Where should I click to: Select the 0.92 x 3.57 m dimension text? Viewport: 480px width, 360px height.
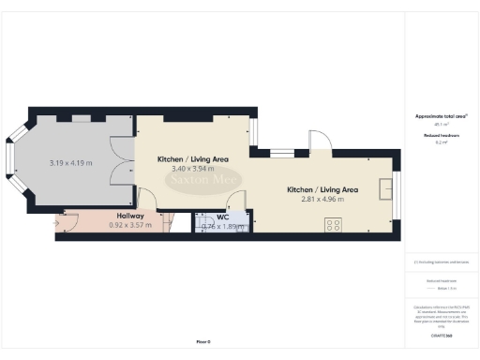(130, 226)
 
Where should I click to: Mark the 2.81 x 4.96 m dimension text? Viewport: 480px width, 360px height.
(322, 199)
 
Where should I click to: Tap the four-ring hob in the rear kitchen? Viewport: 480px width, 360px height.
(332, 224)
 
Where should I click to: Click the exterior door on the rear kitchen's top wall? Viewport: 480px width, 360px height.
(320, 142)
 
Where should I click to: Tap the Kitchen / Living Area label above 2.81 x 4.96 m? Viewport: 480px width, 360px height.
(322, 189)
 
